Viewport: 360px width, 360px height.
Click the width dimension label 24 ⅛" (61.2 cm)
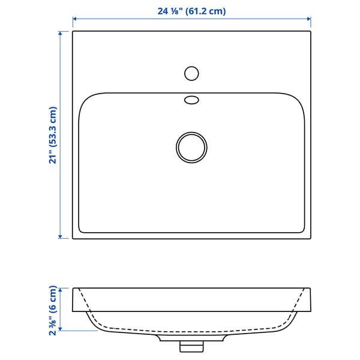pos(191,11)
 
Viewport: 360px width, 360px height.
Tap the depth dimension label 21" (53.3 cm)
pos(53,135)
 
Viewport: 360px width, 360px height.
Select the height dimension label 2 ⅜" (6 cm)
pos(53,310)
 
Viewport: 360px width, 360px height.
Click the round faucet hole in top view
pos(191,73)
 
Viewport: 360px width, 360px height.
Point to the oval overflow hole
pos(191,100)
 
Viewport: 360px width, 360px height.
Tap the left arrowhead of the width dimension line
pos(74,19)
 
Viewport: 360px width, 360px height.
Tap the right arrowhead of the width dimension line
pos(309,19)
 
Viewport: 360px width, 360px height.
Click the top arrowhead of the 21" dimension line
pos(60,34)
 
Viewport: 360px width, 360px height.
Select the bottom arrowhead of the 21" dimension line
pos(60,236)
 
